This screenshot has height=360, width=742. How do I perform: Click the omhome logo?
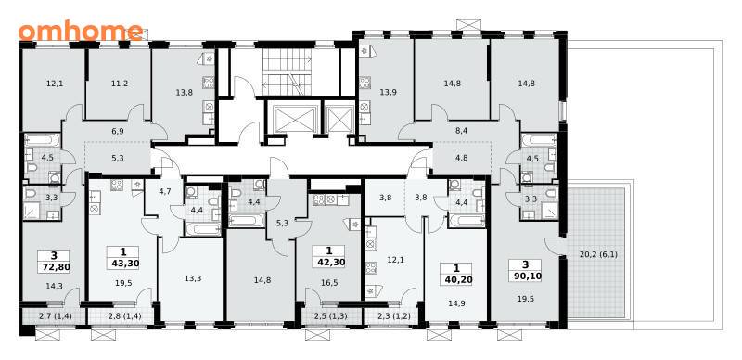coord(81,31)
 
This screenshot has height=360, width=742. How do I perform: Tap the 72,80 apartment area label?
coord(55,267)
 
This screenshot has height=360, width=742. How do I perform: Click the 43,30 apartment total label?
coord(123,264)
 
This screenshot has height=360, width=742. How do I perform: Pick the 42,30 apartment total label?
coord(329,262)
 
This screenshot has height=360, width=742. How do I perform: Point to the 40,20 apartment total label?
coord(455,279)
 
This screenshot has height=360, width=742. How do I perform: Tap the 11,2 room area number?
coord(120,84)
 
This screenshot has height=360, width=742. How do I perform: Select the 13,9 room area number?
coord(388,93)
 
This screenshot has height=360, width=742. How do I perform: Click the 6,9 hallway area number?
coord(118,131)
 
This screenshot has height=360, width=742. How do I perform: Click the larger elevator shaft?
coord(294,117)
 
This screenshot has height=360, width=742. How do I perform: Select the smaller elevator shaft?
coord(340,117)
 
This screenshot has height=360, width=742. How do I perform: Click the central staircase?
coord(288,73)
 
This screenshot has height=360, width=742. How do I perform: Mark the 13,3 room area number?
coord(193,278)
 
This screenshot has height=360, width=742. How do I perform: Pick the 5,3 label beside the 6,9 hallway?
coord(118,159)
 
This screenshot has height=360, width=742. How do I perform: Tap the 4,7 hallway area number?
coord(164,192)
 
